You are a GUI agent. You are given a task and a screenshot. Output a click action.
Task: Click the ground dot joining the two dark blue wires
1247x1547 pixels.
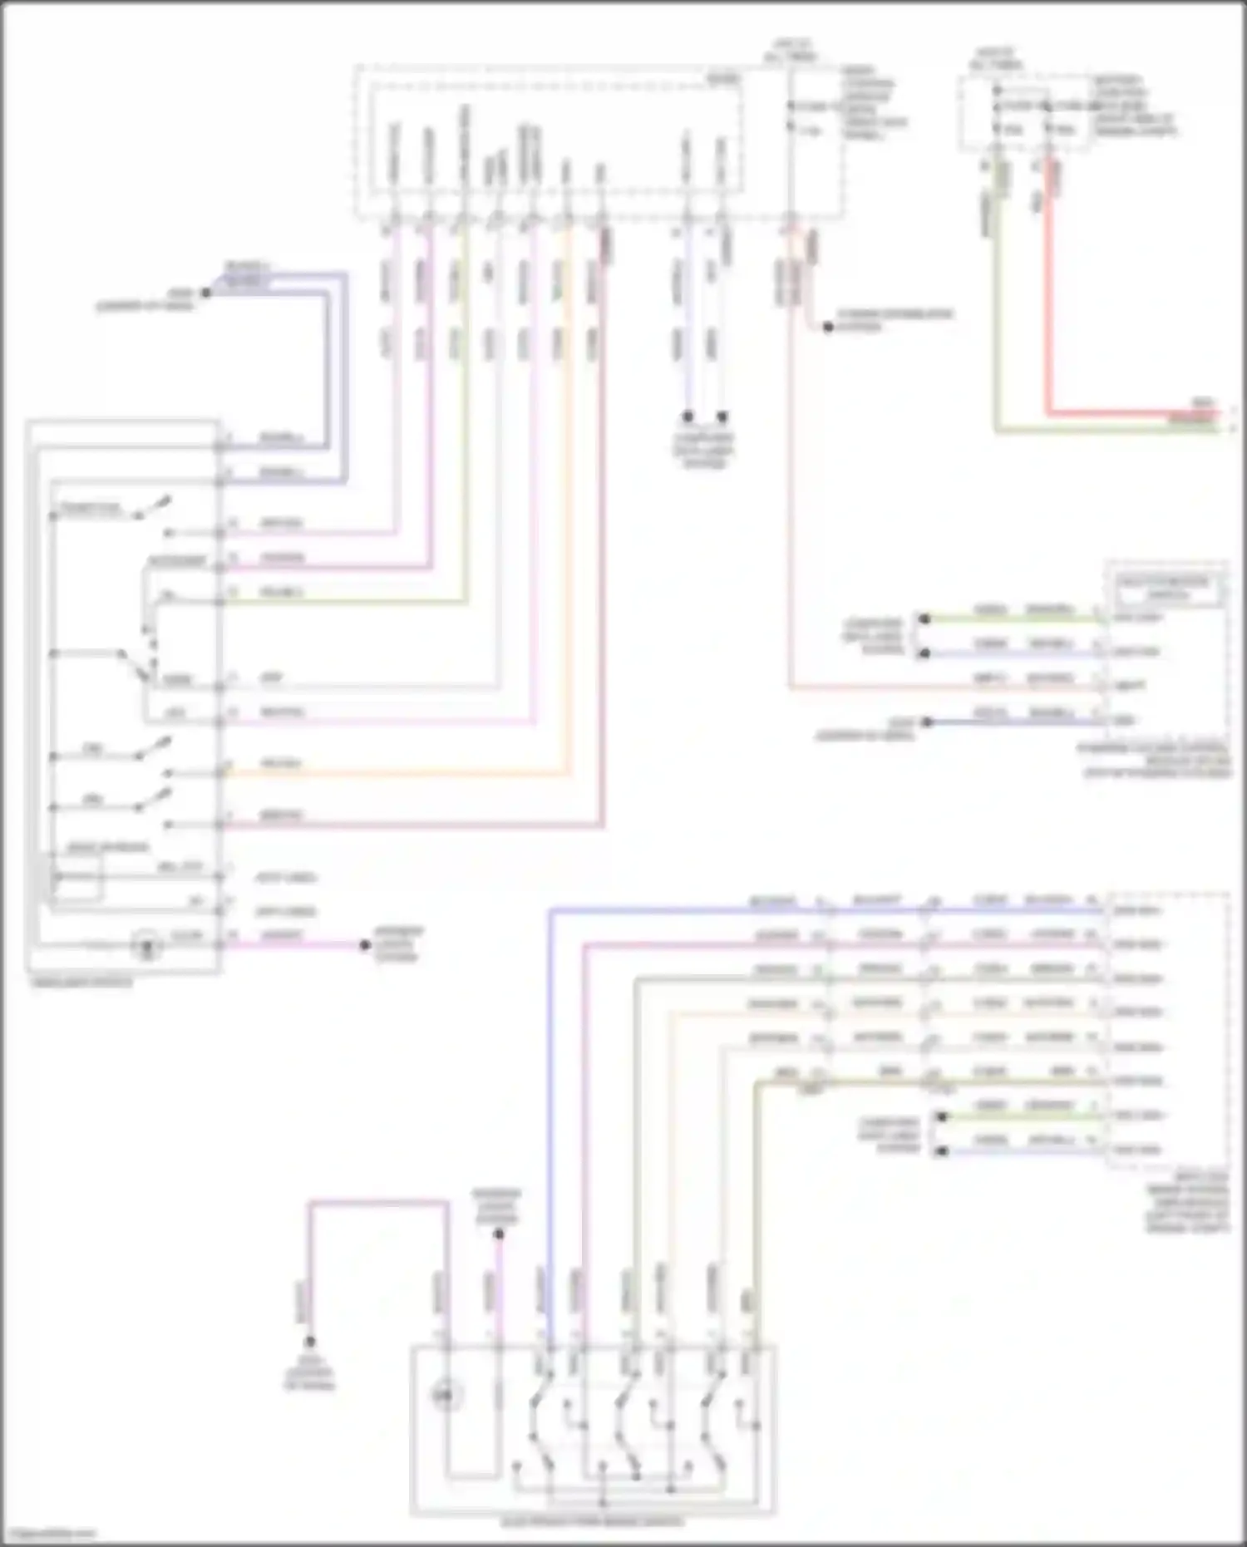(205, 293)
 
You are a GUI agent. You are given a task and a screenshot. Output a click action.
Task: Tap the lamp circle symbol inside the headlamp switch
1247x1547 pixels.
(147, 946)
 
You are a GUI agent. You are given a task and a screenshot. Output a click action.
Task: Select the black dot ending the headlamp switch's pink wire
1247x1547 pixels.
(364, 945)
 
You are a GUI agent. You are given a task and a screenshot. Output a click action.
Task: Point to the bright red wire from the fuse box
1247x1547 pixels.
(1049, 333)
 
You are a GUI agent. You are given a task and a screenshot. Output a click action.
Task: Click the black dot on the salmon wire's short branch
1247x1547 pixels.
(828, 327)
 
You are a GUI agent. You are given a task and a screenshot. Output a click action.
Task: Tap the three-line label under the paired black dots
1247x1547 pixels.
(704, 451)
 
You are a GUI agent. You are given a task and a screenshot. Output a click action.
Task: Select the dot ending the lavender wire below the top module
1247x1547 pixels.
(688, 416)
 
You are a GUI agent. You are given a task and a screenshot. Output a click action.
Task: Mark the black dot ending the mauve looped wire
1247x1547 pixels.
(309, 1342)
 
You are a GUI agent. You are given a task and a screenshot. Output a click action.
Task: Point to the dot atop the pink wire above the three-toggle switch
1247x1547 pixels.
(498, 1234)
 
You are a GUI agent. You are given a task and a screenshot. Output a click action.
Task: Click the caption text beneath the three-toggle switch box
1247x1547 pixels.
(592, 1523)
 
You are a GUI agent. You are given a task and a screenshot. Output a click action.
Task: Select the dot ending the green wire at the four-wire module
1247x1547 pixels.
(924, 618)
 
